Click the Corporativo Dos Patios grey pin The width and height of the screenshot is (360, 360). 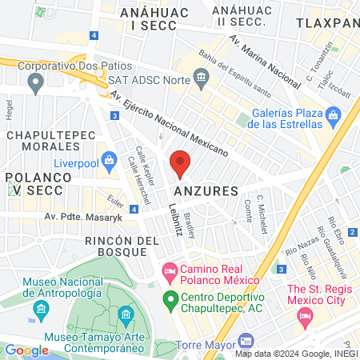point(35,81)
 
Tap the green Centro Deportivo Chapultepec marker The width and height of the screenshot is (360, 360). point(170,301)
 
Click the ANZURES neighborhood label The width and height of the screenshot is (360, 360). point(206,192)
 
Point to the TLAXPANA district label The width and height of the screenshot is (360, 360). point(326,25)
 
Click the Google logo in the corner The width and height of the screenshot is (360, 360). point(26,350)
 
